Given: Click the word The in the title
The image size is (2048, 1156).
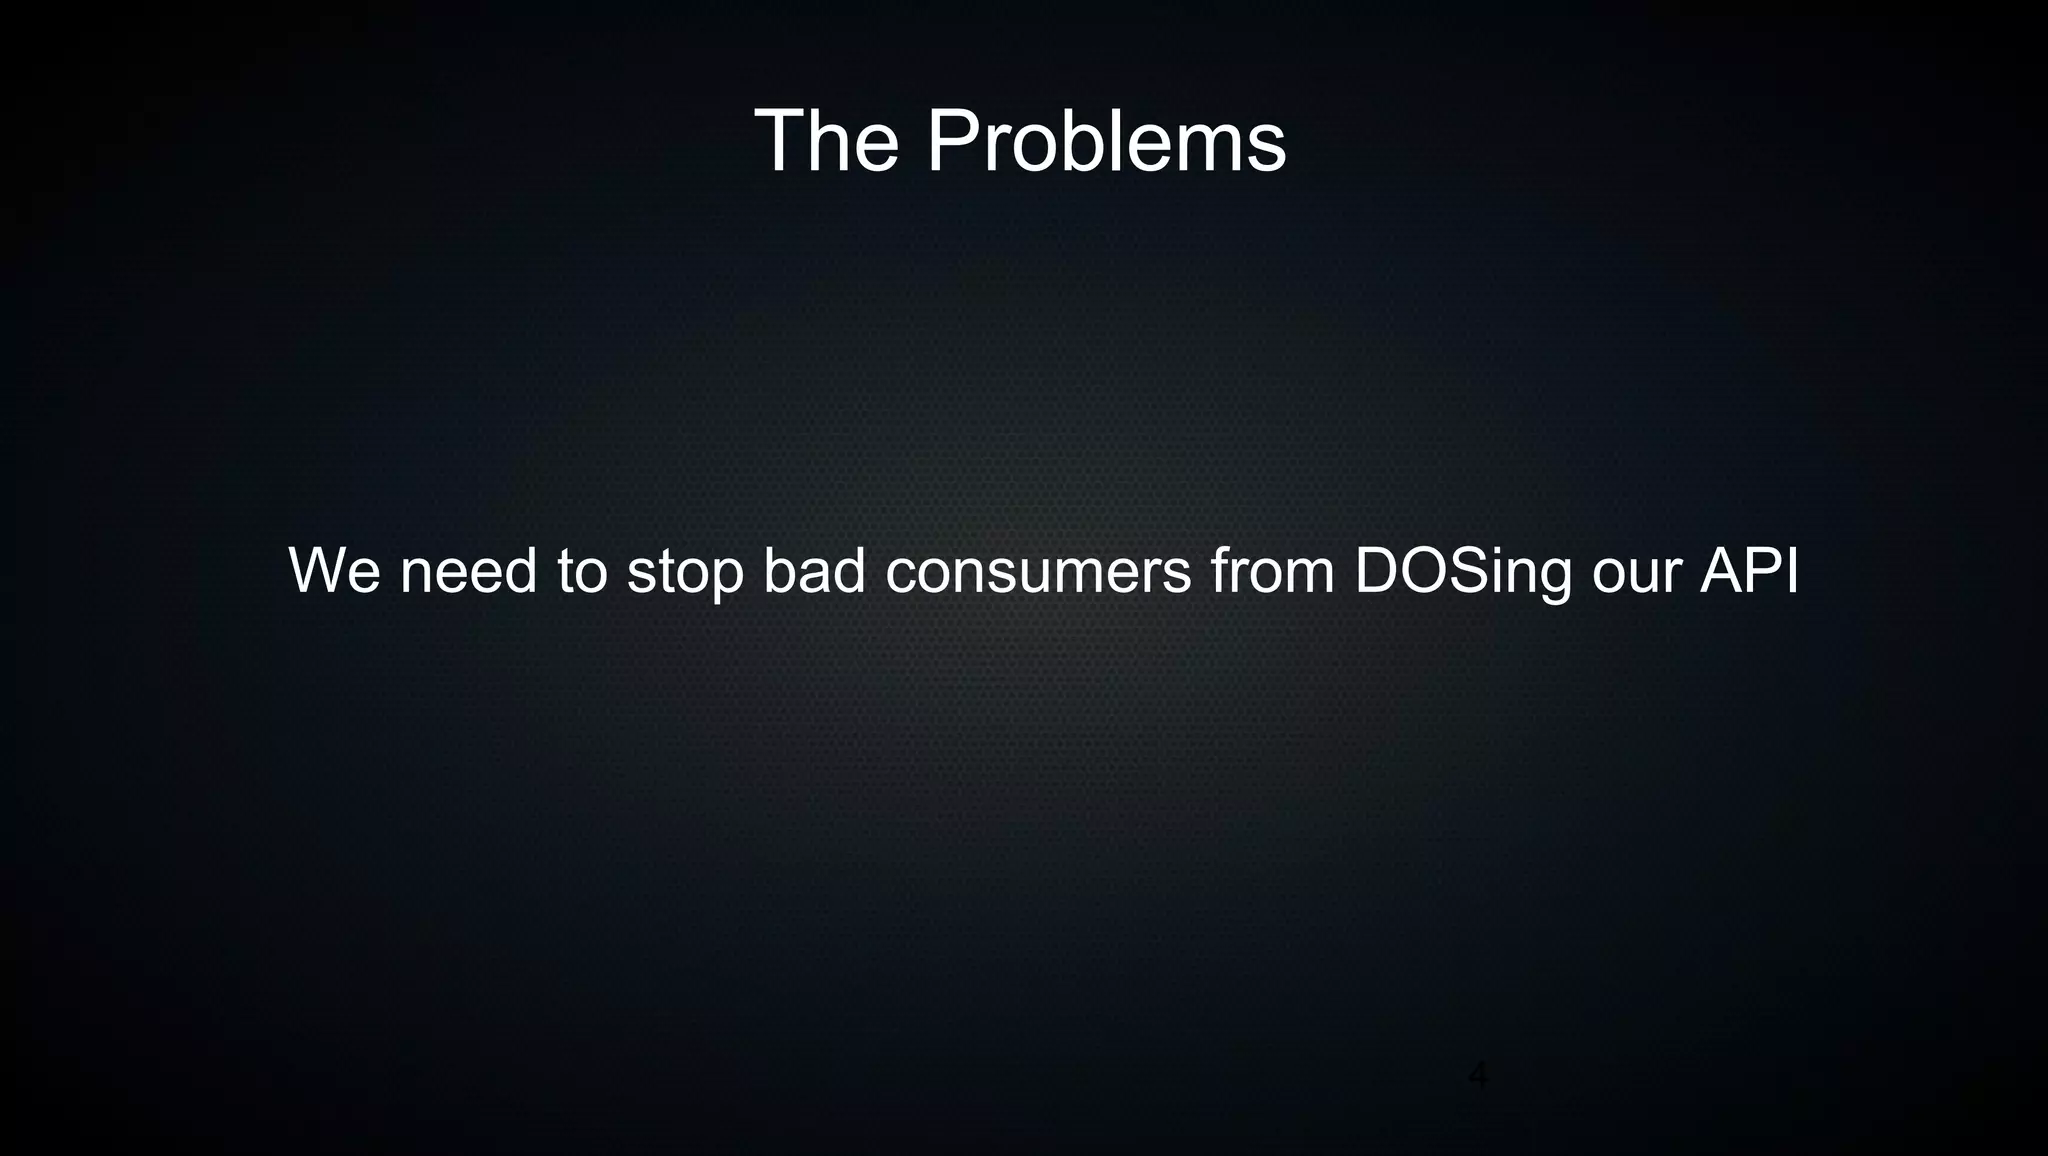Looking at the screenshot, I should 826,142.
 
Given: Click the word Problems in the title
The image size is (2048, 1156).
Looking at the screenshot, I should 1106,142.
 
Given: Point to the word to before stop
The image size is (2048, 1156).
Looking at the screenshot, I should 582,571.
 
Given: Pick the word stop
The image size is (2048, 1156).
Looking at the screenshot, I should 685,574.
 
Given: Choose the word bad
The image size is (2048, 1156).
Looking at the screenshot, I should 814,571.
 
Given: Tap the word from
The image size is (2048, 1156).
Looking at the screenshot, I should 1272,571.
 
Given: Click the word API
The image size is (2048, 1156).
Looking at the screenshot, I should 1749,571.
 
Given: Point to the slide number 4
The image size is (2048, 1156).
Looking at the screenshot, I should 1477,1076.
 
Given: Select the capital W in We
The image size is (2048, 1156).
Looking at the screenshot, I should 318,571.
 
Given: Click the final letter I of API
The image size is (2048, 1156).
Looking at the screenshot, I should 1792,571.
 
